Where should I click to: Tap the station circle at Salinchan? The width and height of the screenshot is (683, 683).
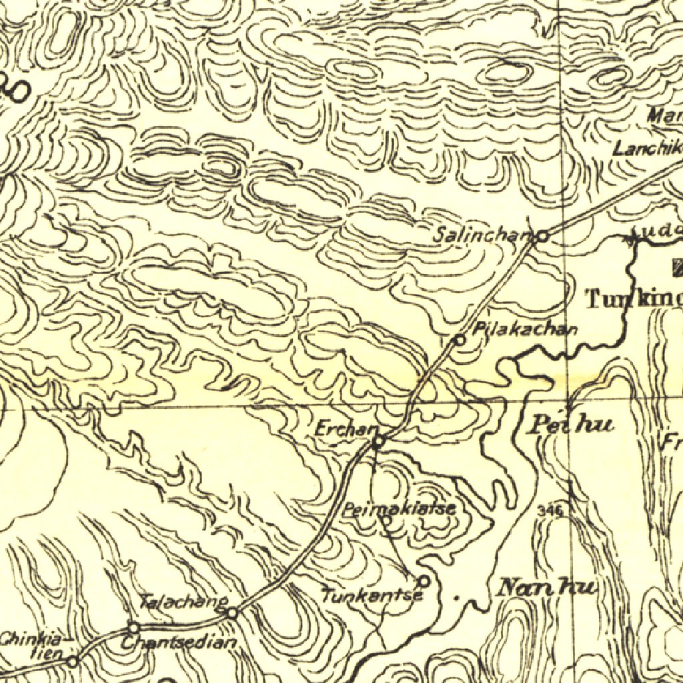[x=543, y=235]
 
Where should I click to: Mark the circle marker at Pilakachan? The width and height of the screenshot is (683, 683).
[x=460, y=339]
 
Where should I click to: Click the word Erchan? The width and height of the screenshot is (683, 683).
[x=341, y=430]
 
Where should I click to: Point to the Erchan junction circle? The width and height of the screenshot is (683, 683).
[x=378, y=441]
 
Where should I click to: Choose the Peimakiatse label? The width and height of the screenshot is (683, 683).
[x=399, y=509]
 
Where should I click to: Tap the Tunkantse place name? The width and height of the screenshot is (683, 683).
[x=372, y=594]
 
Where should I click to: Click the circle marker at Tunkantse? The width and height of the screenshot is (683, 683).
[x=423, y=581]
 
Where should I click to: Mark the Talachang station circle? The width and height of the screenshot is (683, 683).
[x=232, y=612]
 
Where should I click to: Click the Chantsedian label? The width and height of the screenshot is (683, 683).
[x=179, y=643]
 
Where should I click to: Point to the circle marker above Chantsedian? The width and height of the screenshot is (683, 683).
[x=133, y=628]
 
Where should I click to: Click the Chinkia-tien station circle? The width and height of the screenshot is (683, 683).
[x=73, y=661]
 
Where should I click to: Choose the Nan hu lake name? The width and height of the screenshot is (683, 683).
[x=546, y=588]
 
